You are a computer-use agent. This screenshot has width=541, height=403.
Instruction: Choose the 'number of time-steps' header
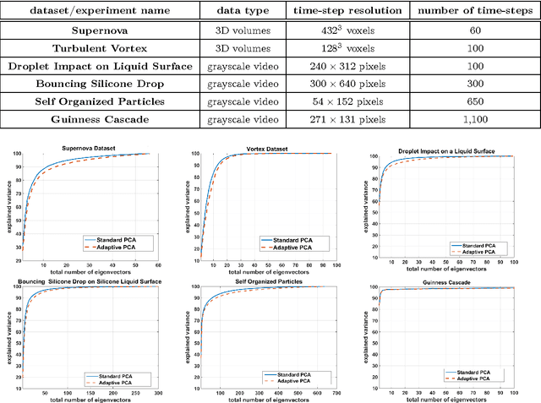point(474,11)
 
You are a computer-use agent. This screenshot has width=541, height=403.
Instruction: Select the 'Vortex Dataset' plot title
point(268,150)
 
